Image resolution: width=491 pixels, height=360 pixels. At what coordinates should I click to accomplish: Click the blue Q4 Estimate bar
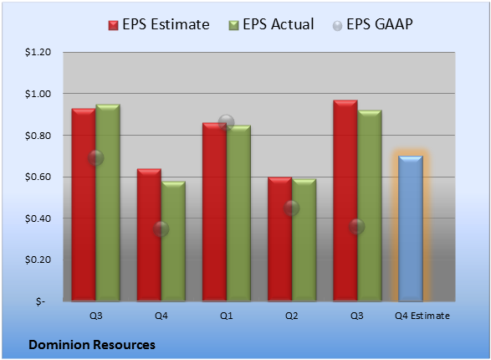[411, 229]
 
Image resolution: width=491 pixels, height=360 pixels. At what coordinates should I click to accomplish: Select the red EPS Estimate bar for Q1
[214, 212]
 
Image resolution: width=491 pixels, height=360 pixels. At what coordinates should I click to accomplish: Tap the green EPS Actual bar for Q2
[304, 240]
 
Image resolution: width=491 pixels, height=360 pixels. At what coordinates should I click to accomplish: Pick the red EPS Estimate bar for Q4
[149, 235]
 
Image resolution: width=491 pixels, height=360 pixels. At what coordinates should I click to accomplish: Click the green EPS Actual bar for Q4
[173, 241]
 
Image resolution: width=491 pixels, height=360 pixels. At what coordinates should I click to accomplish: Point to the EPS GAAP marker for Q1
[227, 122]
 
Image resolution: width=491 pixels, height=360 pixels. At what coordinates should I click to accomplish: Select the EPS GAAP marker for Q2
[292, 208]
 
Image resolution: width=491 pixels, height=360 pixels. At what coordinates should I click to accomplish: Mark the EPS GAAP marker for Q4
[161, 229]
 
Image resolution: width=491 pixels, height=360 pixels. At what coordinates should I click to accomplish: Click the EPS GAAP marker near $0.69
[96, 158]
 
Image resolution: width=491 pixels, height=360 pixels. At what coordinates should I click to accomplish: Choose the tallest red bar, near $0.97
[345, 201]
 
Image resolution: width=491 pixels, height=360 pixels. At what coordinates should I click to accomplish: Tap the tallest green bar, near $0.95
[108, 203]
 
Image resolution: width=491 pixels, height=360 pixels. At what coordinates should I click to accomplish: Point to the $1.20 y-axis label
[38, 52]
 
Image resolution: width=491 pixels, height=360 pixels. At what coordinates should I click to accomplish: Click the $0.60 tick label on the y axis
[38, 177]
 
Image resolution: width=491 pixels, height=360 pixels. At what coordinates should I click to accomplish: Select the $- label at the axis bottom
[40, 301]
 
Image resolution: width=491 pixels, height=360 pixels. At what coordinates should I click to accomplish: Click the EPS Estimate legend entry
[159, 24]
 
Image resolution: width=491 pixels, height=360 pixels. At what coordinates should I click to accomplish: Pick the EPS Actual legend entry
[271, 24]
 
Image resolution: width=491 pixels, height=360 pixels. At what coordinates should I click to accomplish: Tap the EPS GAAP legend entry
[372, 24]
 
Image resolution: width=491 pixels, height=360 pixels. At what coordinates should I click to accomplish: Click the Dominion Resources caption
[92, 345]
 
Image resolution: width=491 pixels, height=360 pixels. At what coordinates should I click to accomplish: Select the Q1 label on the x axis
[227, 316]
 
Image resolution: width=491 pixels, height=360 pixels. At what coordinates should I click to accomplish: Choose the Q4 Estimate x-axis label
[422, 316]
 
